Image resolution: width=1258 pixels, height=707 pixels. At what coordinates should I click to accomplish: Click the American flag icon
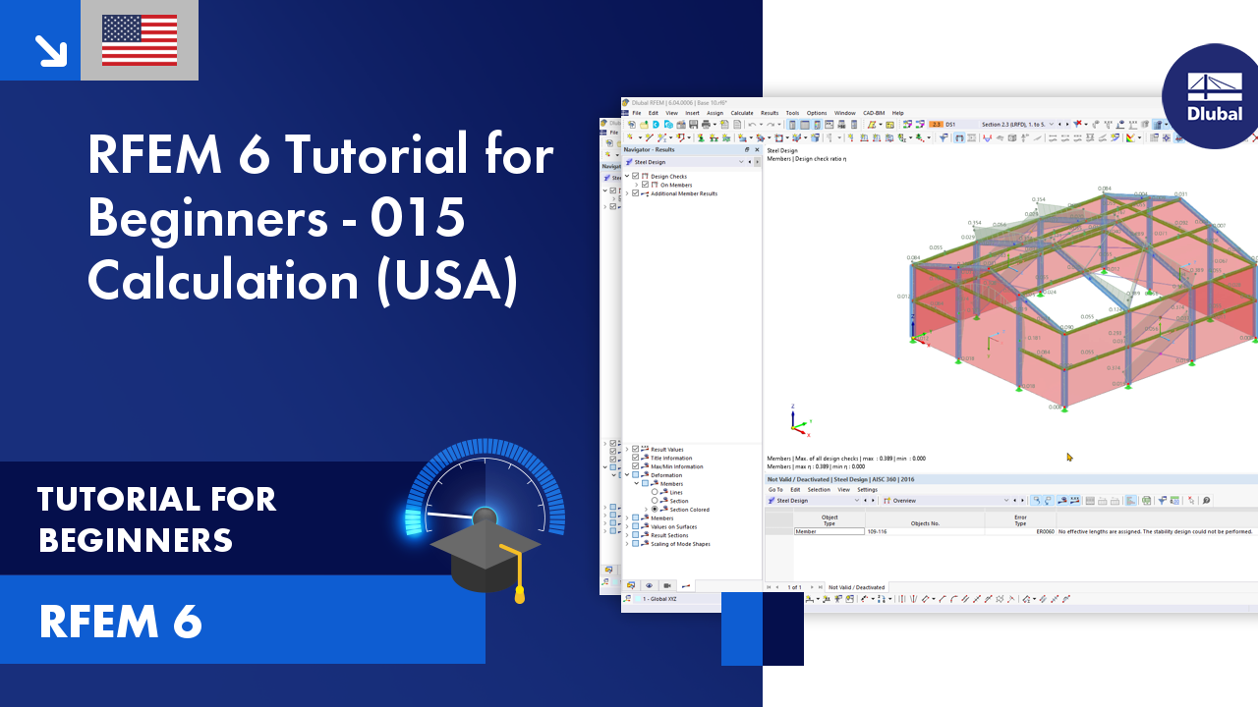(x=140, y=40)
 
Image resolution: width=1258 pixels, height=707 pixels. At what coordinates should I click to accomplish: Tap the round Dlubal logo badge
(x=1214, y=96)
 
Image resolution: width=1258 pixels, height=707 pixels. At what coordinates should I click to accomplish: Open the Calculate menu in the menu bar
(x=742, y=113)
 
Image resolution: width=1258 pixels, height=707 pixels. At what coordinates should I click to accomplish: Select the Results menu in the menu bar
(x=770, y=113)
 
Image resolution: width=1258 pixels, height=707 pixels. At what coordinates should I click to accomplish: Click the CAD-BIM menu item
(x=874, y=113)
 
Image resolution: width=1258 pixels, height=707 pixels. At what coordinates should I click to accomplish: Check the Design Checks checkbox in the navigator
(x=636, y=176)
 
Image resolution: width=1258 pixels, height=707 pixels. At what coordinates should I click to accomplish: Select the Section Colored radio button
(x=656, y=510)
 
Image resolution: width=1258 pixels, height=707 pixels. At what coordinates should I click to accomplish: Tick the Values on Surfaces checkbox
(x=636, y=526)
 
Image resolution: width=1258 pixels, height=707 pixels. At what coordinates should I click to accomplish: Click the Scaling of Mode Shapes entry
(x=680, y=544)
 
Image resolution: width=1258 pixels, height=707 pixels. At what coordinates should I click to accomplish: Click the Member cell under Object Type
(x=829, y=531)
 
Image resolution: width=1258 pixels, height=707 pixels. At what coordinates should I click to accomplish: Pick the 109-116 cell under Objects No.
(x=877, y=531)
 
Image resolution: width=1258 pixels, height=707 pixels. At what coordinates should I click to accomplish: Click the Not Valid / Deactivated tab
(x=856, y=587)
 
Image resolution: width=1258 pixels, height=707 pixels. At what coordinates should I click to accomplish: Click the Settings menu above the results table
(x=867, y=489)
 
